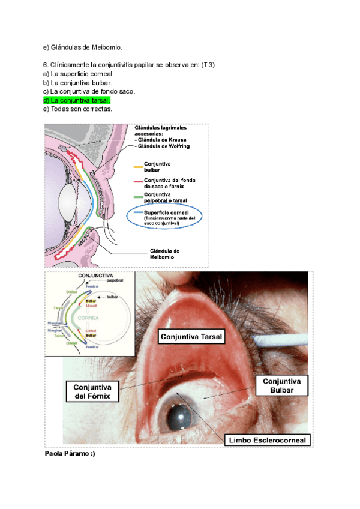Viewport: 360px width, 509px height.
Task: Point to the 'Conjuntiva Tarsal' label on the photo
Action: [x=191, y=337]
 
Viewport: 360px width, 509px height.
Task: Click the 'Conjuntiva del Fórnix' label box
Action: [x=92, y=391]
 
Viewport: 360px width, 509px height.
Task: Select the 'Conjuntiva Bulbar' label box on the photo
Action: [x=281, y=385]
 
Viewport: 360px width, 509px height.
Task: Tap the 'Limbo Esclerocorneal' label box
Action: [x=267, y=441]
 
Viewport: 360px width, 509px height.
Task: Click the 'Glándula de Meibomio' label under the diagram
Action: [x=164, y=254]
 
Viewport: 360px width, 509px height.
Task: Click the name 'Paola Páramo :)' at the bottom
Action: [x=70, y=454]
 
